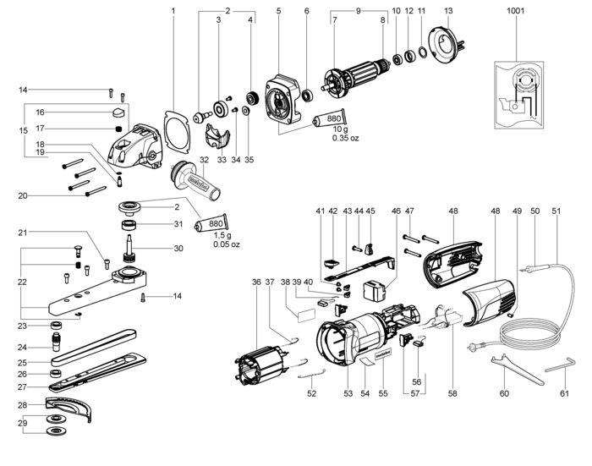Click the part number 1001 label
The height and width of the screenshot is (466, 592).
(x=515, y=11)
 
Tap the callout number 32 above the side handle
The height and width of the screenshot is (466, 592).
(x=204, y=160)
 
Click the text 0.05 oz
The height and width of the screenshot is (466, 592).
(x=226, y=244)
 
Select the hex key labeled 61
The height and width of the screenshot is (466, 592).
(x=560, y=366)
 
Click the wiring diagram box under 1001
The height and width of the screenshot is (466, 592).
(x=519, y=96)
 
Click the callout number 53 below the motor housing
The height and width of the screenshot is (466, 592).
(x=348, y=393)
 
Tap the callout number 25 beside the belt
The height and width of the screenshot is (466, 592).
(x=22, y=363)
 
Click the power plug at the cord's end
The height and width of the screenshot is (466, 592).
(x=474, y=346)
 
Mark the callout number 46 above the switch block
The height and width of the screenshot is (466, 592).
(x=396, y=211)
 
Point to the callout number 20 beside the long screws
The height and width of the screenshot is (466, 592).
(x=23, y=195)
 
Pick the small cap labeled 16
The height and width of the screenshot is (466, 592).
(x=119, y=112)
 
